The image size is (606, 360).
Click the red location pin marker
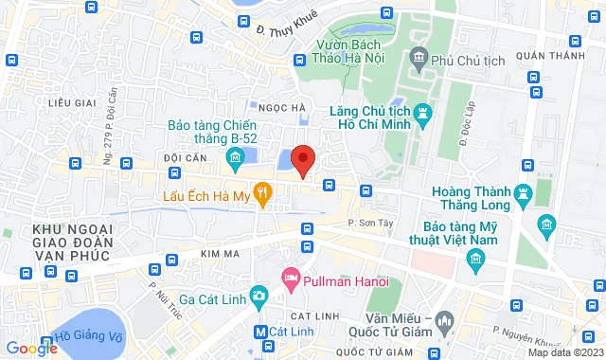(x=302, y=159)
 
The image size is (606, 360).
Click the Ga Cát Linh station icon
(x=257, y=295)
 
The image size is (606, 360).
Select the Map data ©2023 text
(x=564, y=352)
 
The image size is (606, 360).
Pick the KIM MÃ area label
(x=223, y=253)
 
